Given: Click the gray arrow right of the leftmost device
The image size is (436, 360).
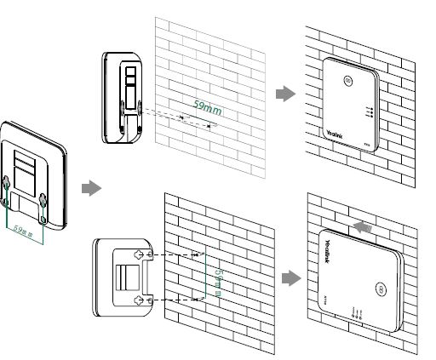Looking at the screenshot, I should [x=90, y=186].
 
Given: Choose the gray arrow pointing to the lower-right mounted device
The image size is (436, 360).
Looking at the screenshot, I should [x=289, y=277].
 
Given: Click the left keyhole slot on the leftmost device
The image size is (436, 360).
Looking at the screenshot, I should [x=6, y=185].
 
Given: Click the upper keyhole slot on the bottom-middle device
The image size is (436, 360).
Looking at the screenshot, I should [x=141, y=254].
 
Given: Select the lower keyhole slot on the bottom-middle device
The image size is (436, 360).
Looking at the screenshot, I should [x=141, y=300].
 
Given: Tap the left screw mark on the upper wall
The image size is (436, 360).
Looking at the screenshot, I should [x=181, y=117].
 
